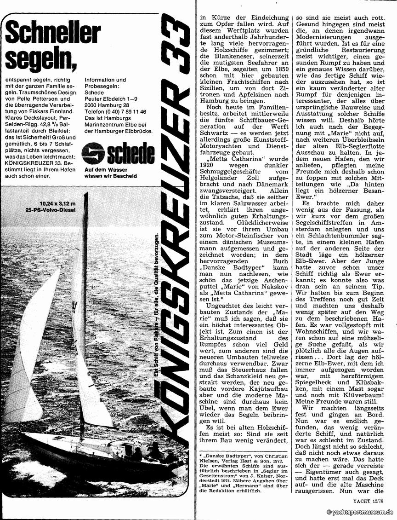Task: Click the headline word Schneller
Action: (52, 35)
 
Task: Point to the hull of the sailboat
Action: (101, 460)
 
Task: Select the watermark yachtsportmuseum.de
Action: (360, 512)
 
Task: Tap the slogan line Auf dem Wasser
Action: (103, 169)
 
